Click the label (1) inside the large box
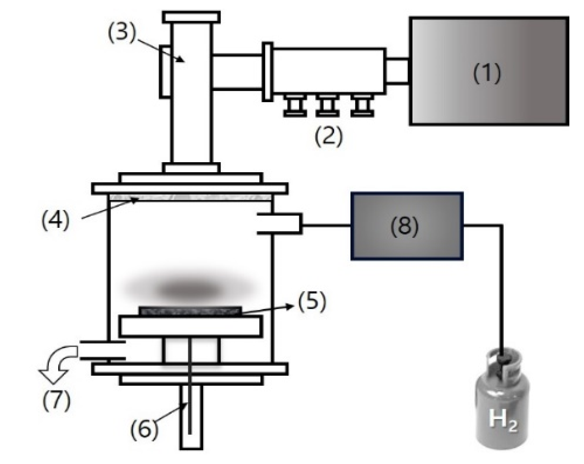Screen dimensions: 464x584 click(x=487, y=73)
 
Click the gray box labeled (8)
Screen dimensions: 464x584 click(x=407, y=226)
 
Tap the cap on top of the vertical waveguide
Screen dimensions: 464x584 click(x=191, y=17)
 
